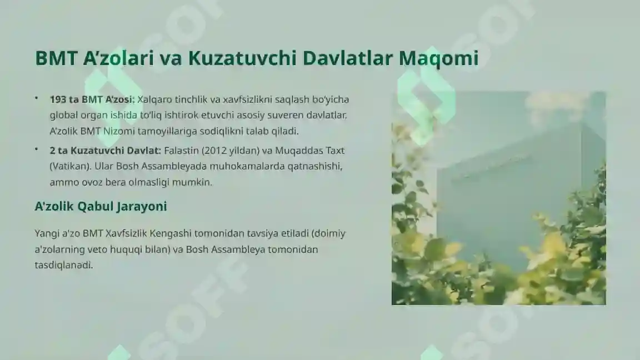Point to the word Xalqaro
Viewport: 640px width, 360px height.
point(154,99)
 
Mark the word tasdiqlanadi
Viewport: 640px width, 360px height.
point(63,266)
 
